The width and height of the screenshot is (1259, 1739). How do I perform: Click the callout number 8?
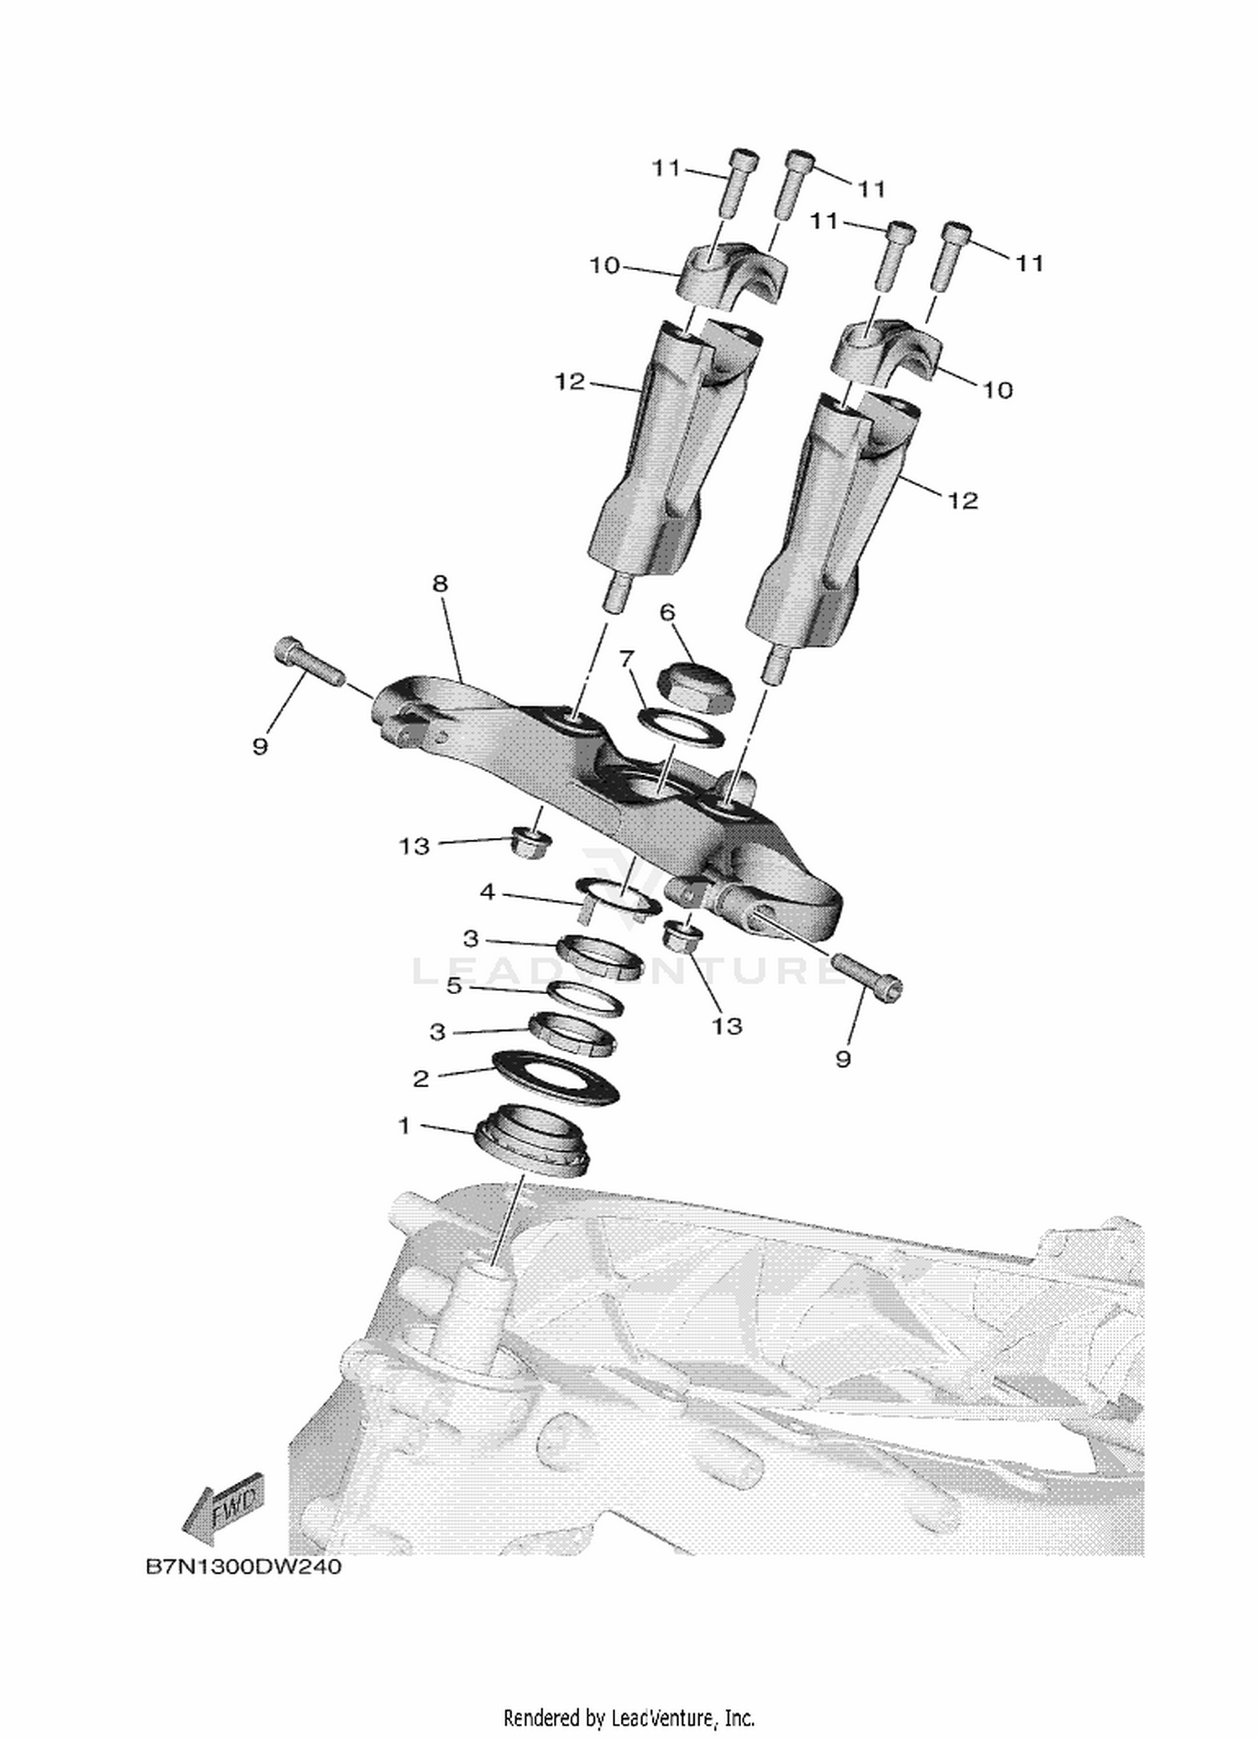tap(441, 583)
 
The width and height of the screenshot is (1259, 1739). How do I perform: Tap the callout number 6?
tap(667, 612)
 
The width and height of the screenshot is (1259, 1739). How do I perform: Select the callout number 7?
tap(624, 659)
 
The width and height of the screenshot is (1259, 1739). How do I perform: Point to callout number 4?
tap(488, 892)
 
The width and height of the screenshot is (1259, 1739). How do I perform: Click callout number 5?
tap(454, 986)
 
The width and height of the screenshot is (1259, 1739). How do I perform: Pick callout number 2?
tap(421, 1078)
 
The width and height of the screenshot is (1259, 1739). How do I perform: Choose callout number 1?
tap(405, 1125)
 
